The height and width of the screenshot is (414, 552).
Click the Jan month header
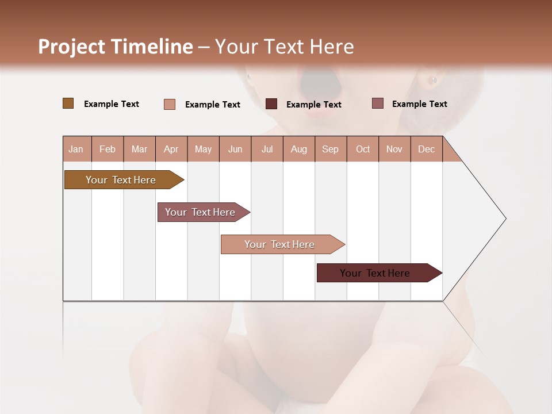[76, 149]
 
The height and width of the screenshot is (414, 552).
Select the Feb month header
[108, 149]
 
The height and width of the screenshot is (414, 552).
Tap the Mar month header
[139, 149]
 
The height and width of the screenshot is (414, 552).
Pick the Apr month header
[171, 149]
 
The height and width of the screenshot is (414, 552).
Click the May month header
[203, 149]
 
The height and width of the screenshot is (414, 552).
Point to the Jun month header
[235, 149]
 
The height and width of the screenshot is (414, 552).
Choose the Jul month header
[267, 149]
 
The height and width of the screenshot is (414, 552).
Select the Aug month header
[299, 149]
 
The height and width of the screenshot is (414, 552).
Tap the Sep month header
[331, 149]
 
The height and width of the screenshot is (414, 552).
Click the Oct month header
[363, 149]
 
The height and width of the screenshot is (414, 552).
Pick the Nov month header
[394, 149]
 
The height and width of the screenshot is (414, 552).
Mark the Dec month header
[427, 149]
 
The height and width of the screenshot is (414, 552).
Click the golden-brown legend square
[68, 103]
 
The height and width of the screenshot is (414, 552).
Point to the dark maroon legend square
[271, 104]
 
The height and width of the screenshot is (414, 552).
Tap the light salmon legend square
[170, 104]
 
